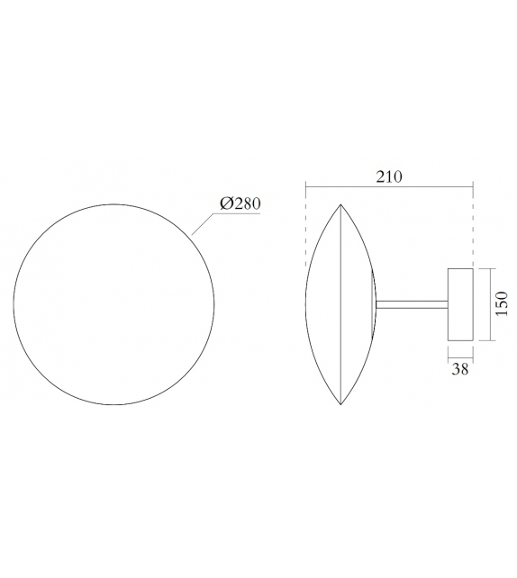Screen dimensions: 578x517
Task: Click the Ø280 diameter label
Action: click(x=240, y=204)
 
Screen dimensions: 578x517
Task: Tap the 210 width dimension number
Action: click(x=388, y=176)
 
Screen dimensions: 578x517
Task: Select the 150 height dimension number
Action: click(x=503, y=303)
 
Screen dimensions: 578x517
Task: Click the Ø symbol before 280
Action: click(x=225, y=204)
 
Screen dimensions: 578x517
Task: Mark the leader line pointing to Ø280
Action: click(x=205, y=224)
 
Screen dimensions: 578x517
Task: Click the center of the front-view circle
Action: click(x=114, y=303)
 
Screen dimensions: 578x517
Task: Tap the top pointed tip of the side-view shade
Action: click(x=340, y=205)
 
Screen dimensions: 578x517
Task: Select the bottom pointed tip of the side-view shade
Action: click(x=340, y=404)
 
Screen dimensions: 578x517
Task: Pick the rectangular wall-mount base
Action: click(x=460, y=304)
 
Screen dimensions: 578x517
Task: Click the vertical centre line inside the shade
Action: click(x=340, y=304)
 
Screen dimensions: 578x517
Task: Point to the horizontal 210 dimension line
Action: click(x=388, y=187)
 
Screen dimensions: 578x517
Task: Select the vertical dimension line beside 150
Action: click(x=488, y=303)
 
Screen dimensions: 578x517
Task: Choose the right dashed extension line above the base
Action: click(x=473, y=225)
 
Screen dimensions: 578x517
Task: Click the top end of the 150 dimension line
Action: click(x=488, y=267)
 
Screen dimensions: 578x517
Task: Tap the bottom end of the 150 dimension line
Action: click(x=488, y=341)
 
